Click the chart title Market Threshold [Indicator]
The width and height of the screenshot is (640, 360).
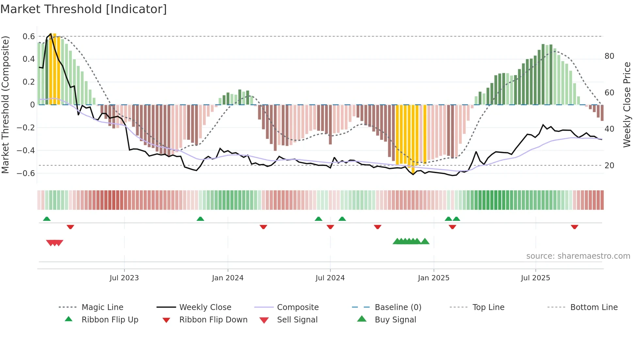pos(84,9)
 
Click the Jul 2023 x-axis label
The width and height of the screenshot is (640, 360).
pos(124,278)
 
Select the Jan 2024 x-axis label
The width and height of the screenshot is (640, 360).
pos(228,278)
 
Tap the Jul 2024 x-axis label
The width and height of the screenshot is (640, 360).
pos(330,278)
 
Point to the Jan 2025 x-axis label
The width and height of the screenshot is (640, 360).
pos(434,278)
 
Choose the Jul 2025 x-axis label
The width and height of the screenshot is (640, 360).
pos(536,278)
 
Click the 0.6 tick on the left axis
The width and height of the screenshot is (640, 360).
pos(29,37)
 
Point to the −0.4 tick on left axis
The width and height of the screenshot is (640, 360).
pos(26,150)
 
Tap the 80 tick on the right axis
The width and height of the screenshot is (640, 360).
pos(609,56)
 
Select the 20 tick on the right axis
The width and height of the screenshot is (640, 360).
pos(609,166)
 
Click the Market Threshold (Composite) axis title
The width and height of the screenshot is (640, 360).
pos(5,105)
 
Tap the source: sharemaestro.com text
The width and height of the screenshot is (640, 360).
pos(578,256)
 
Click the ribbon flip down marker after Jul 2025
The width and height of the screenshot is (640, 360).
pos(574,227)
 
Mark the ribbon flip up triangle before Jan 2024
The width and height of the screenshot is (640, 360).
pos(200,219)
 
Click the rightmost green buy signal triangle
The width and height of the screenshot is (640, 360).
pos(425,241)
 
